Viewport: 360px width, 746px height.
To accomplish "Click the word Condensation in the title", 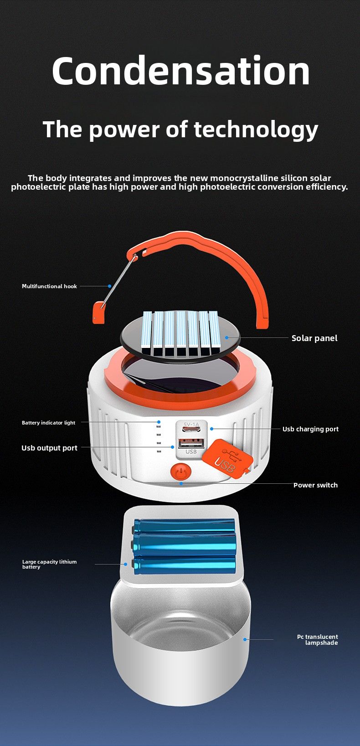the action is point(180,71).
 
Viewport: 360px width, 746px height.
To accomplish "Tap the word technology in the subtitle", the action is point(256,130).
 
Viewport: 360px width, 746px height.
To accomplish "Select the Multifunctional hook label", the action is point(49,286).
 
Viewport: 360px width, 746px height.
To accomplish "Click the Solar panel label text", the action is point(314,338).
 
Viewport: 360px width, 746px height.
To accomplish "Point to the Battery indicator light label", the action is point(49,423).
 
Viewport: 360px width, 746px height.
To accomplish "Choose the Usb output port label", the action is point(49,448).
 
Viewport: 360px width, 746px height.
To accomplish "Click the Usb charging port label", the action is point(310,429).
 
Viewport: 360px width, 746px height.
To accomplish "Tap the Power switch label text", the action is point(315,485).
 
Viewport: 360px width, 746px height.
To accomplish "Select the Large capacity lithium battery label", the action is point(49,564).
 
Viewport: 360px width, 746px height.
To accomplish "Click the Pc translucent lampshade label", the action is point(318,640).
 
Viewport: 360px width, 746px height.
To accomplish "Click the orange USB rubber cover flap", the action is point(227,459).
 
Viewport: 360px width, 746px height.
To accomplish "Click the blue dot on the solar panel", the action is point(226,337).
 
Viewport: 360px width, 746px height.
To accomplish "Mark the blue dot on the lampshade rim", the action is point(245,639).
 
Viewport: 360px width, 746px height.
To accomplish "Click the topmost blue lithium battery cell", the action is point(184,527).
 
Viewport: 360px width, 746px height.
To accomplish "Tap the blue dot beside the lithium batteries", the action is point(125,564).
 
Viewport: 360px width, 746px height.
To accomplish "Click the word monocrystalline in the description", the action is point(250,178).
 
